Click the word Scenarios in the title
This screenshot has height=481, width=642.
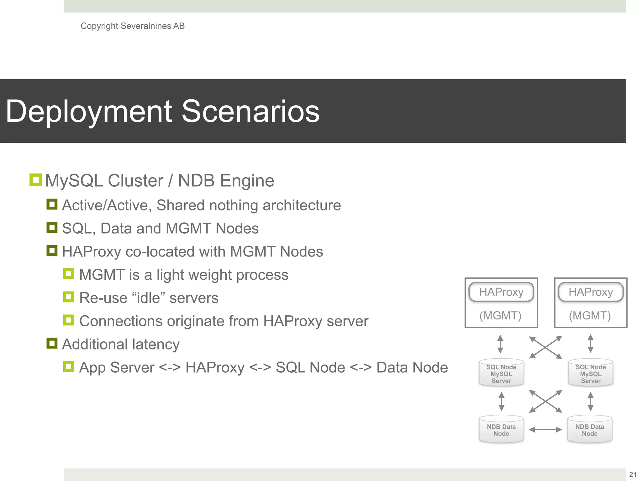(250, 111)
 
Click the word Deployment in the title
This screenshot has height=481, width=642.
(89, 111)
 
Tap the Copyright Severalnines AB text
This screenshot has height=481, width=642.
(132, 26)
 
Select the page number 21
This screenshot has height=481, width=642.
(633, 474)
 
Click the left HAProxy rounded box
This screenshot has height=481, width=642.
(501, 292)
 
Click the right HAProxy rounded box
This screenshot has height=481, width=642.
(591, 292)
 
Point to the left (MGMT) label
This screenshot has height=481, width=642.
(500, 315)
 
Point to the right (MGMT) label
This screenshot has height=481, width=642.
(590, 315)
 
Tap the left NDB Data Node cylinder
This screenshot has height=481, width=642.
(501, 430)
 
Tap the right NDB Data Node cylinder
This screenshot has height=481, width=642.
(590, 430)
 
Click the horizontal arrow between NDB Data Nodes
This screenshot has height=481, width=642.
(545, 430)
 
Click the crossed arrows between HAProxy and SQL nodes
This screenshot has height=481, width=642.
(545, 347)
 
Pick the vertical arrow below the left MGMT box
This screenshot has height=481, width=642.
(500, 344)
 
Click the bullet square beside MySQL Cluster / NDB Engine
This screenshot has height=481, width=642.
(36, 180)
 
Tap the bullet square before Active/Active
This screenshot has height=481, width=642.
(52, 204)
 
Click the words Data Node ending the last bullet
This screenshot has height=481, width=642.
(412, 367)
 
